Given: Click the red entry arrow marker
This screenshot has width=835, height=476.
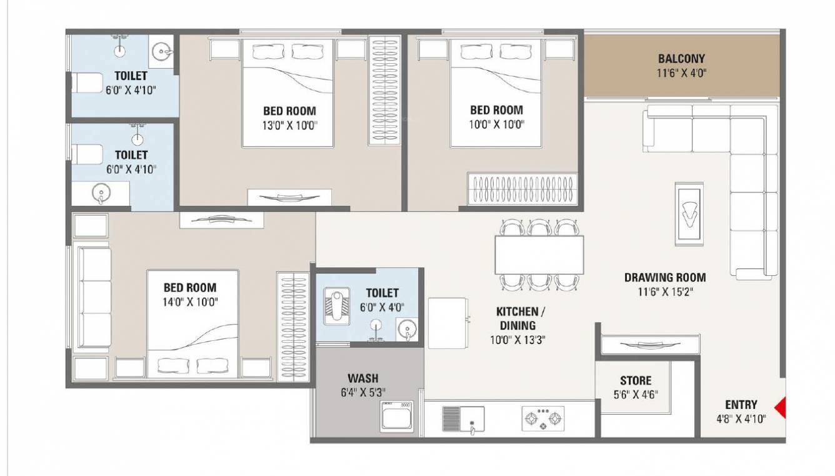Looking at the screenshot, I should click(x=780, y=410).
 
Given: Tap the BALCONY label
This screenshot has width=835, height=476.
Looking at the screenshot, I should click(x=681, y=59).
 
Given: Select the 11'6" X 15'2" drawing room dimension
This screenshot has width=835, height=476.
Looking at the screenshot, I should click(x=665, y=291).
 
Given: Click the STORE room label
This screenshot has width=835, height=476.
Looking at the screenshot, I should click(x=636, y=380).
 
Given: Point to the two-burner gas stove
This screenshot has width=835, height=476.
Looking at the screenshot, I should click(x=542, y=418).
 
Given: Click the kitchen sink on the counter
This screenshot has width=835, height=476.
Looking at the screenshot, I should click(x=463, y=418).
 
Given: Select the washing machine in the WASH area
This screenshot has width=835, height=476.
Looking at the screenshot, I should click(x=397, y=416).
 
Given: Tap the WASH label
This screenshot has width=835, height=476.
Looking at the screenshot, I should click(x=362, y=378).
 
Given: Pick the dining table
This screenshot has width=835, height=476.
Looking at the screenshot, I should click(x=539, y=255).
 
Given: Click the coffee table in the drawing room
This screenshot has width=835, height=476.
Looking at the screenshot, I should click(x=690, y=215).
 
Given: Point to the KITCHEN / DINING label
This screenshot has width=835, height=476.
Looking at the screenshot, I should click(x=517, y=318).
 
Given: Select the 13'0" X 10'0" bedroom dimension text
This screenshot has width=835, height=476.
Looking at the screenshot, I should click(x=289, y=124).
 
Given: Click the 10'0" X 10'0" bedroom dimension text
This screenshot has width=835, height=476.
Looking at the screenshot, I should click(x=496, y=124).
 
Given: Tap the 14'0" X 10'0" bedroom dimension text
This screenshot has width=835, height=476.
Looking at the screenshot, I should click(x=190, y=302).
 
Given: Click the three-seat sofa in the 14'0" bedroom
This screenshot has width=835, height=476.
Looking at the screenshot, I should click(x=92, y=297).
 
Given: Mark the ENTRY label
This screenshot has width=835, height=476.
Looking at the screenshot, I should click(x=741, y=405).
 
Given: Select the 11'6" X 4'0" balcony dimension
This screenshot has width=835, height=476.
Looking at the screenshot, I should click(x=681, y=73).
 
